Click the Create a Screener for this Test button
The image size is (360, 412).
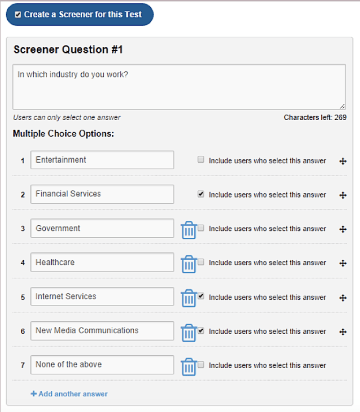[80, 15]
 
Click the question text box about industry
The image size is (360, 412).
[179, 87]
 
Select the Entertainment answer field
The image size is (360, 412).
[102, 160]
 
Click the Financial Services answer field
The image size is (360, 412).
[102, 194]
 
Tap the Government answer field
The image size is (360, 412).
[102, 228]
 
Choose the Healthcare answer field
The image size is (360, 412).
[102, 262]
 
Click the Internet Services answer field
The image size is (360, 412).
[102, 296]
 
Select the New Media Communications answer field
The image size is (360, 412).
[102, 331]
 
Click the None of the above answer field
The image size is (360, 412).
[102, 365]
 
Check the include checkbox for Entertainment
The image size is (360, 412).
[201, 160]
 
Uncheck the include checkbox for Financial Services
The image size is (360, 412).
[201, 194]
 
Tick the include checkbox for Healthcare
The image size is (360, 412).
[201, 262]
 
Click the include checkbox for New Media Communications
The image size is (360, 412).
[201, 330]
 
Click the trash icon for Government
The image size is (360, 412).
[189, 230]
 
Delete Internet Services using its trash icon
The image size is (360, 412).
[189, 298]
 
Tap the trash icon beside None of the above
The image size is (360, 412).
[189, 367]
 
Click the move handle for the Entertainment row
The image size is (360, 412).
[343, 161]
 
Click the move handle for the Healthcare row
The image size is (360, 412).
[343, 263]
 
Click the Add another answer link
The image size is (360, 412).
[69, 394]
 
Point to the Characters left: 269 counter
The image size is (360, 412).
[315, 117]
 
